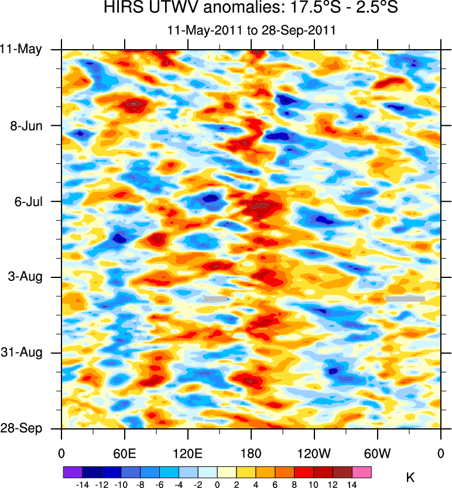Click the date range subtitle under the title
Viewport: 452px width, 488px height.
251,30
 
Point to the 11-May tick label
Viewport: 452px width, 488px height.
21,49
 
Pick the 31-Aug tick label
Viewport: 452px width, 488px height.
23,353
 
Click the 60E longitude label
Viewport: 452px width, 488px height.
124,453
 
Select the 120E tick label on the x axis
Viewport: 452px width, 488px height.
187,453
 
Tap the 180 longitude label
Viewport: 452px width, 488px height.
251,453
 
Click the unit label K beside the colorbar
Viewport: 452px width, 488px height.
410,477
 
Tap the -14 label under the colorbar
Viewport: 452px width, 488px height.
83,484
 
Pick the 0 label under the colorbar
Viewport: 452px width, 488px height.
217,484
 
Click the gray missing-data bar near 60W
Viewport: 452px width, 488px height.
405,298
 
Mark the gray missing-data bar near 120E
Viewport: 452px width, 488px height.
215,298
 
